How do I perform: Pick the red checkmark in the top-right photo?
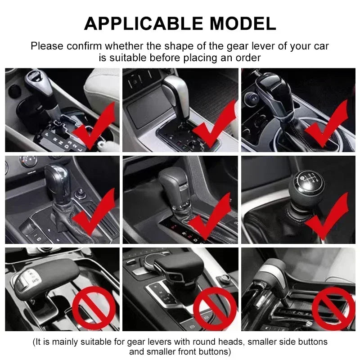click(328, 126)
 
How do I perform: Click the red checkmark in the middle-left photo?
click(94, 215)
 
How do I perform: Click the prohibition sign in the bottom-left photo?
click(94, 309)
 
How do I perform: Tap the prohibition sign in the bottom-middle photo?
click(215, 309)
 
